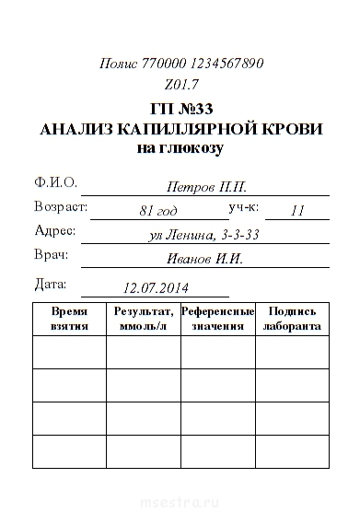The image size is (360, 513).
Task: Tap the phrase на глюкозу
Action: (180, 147)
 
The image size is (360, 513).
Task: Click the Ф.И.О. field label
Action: (55, 182)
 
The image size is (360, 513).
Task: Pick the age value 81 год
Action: (158, 211)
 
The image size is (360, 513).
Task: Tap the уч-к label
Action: (245, 206)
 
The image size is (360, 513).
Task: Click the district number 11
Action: (296, 211)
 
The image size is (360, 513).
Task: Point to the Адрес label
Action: (54, 230)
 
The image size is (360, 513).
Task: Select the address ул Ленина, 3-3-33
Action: (204, 235)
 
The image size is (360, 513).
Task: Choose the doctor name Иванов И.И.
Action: (204, 259)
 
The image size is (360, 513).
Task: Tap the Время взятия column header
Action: (70, 319)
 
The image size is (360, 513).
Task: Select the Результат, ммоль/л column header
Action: (144, 319)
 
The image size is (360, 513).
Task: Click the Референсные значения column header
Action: (217, 319)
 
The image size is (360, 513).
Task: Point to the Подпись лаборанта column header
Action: (292, 319)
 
